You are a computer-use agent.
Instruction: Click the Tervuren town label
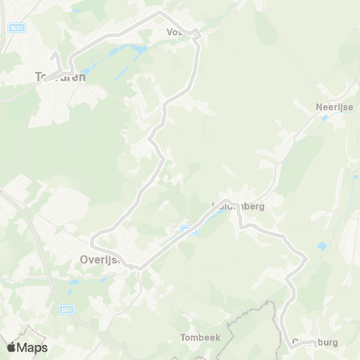tap(61, 76)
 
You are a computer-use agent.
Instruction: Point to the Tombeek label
tap(200, 337)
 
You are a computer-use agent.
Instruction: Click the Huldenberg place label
tap(238, 206)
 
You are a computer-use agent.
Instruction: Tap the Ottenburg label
tap(314, 342)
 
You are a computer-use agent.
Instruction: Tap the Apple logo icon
tap(12, 347)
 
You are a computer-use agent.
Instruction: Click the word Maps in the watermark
tap(34, 347)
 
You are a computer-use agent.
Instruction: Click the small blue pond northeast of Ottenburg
tap(322, 246)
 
